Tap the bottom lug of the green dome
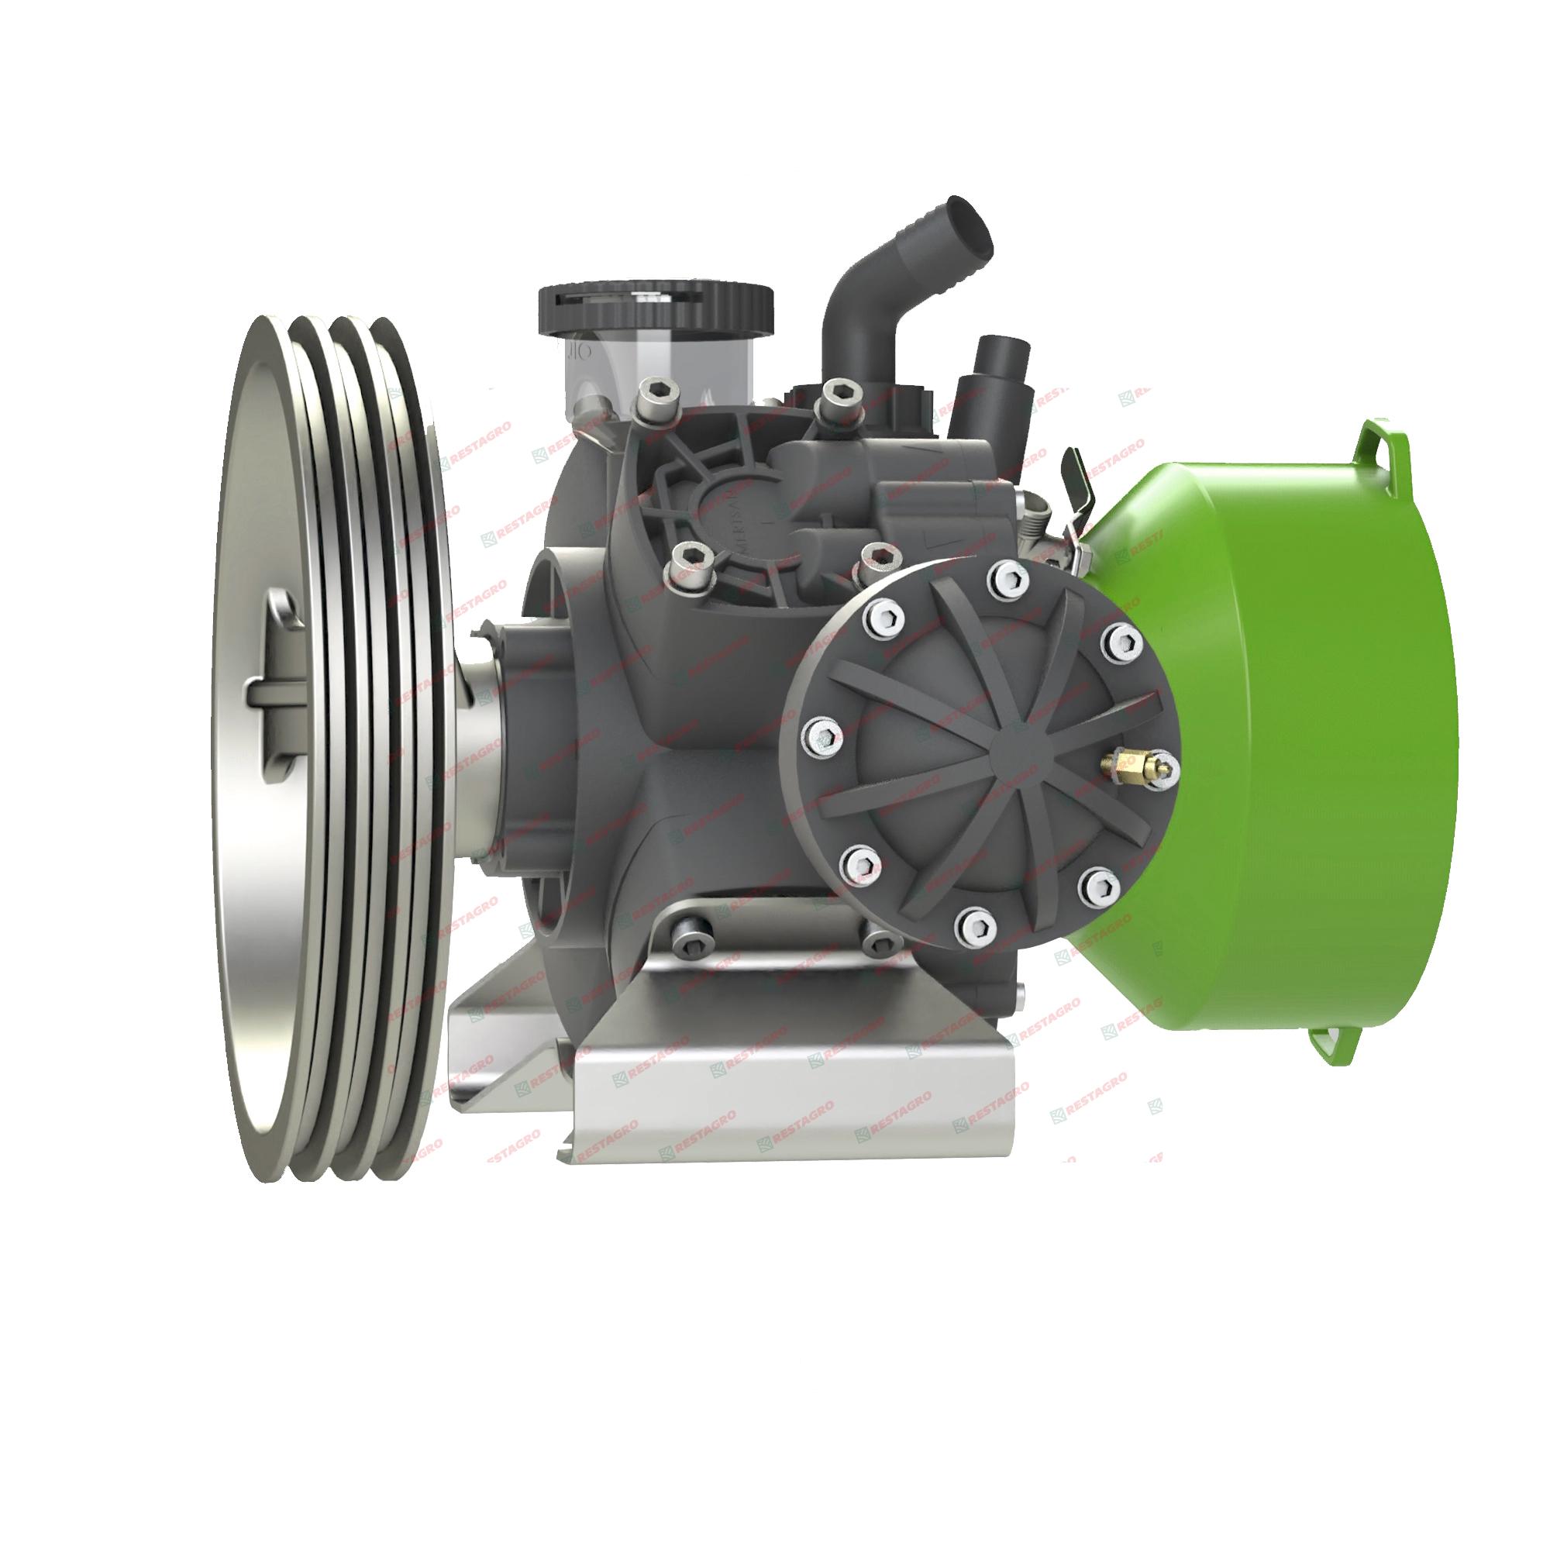[x=1337, y=1043]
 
